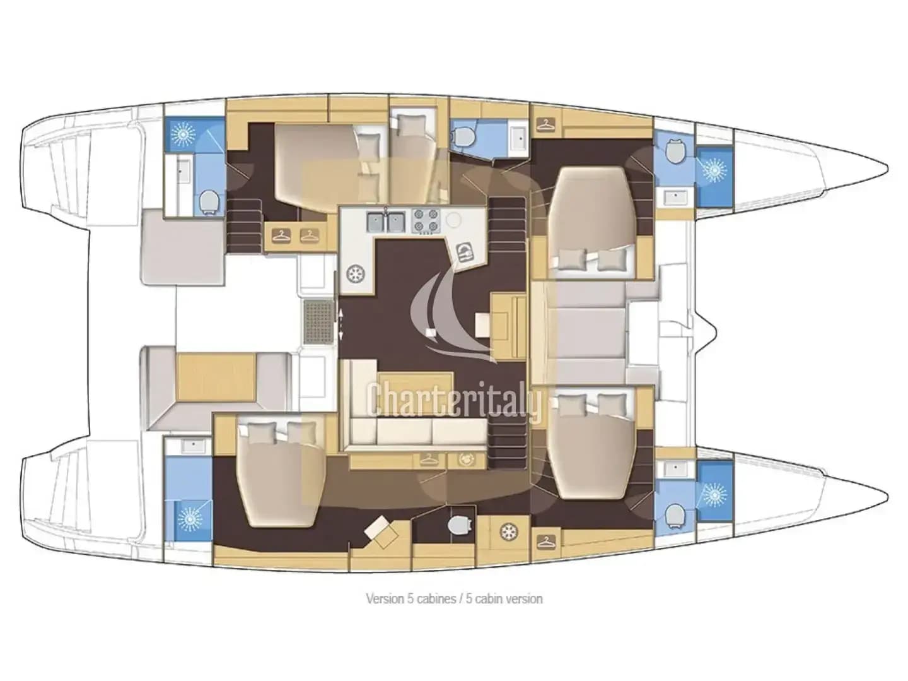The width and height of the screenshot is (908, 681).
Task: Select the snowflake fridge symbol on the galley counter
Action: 356,273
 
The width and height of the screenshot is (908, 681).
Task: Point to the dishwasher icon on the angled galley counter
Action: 465,252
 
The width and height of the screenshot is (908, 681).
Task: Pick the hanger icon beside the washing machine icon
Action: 429,459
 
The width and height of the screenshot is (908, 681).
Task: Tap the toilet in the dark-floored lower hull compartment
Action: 458,524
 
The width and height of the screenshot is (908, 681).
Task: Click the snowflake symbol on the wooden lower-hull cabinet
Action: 508,531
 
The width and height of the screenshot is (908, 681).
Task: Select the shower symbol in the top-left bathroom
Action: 182,133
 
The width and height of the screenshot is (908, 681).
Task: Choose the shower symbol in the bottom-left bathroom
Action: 189,519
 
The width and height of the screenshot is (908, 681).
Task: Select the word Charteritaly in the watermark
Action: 454,400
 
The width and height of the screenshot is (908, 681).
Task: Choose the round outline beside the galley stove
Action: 454,220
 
